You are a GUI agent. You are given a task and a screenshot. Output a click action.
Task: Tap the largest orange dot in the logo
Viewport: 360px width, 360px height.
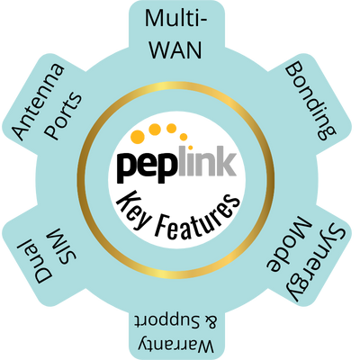click(x=137, y=138)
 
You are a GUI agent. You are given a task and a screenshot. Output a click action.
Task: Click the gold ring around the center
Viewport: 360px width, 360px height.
click(x=180, y=94)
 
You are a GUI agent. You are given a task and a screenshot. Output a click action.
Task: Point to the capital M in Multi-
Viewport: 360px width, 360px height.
click(x=156, y=19)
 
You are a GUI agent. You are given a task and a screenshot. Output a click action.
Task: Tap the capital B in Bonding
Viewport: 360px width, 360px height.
click(x=292, y=71)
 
